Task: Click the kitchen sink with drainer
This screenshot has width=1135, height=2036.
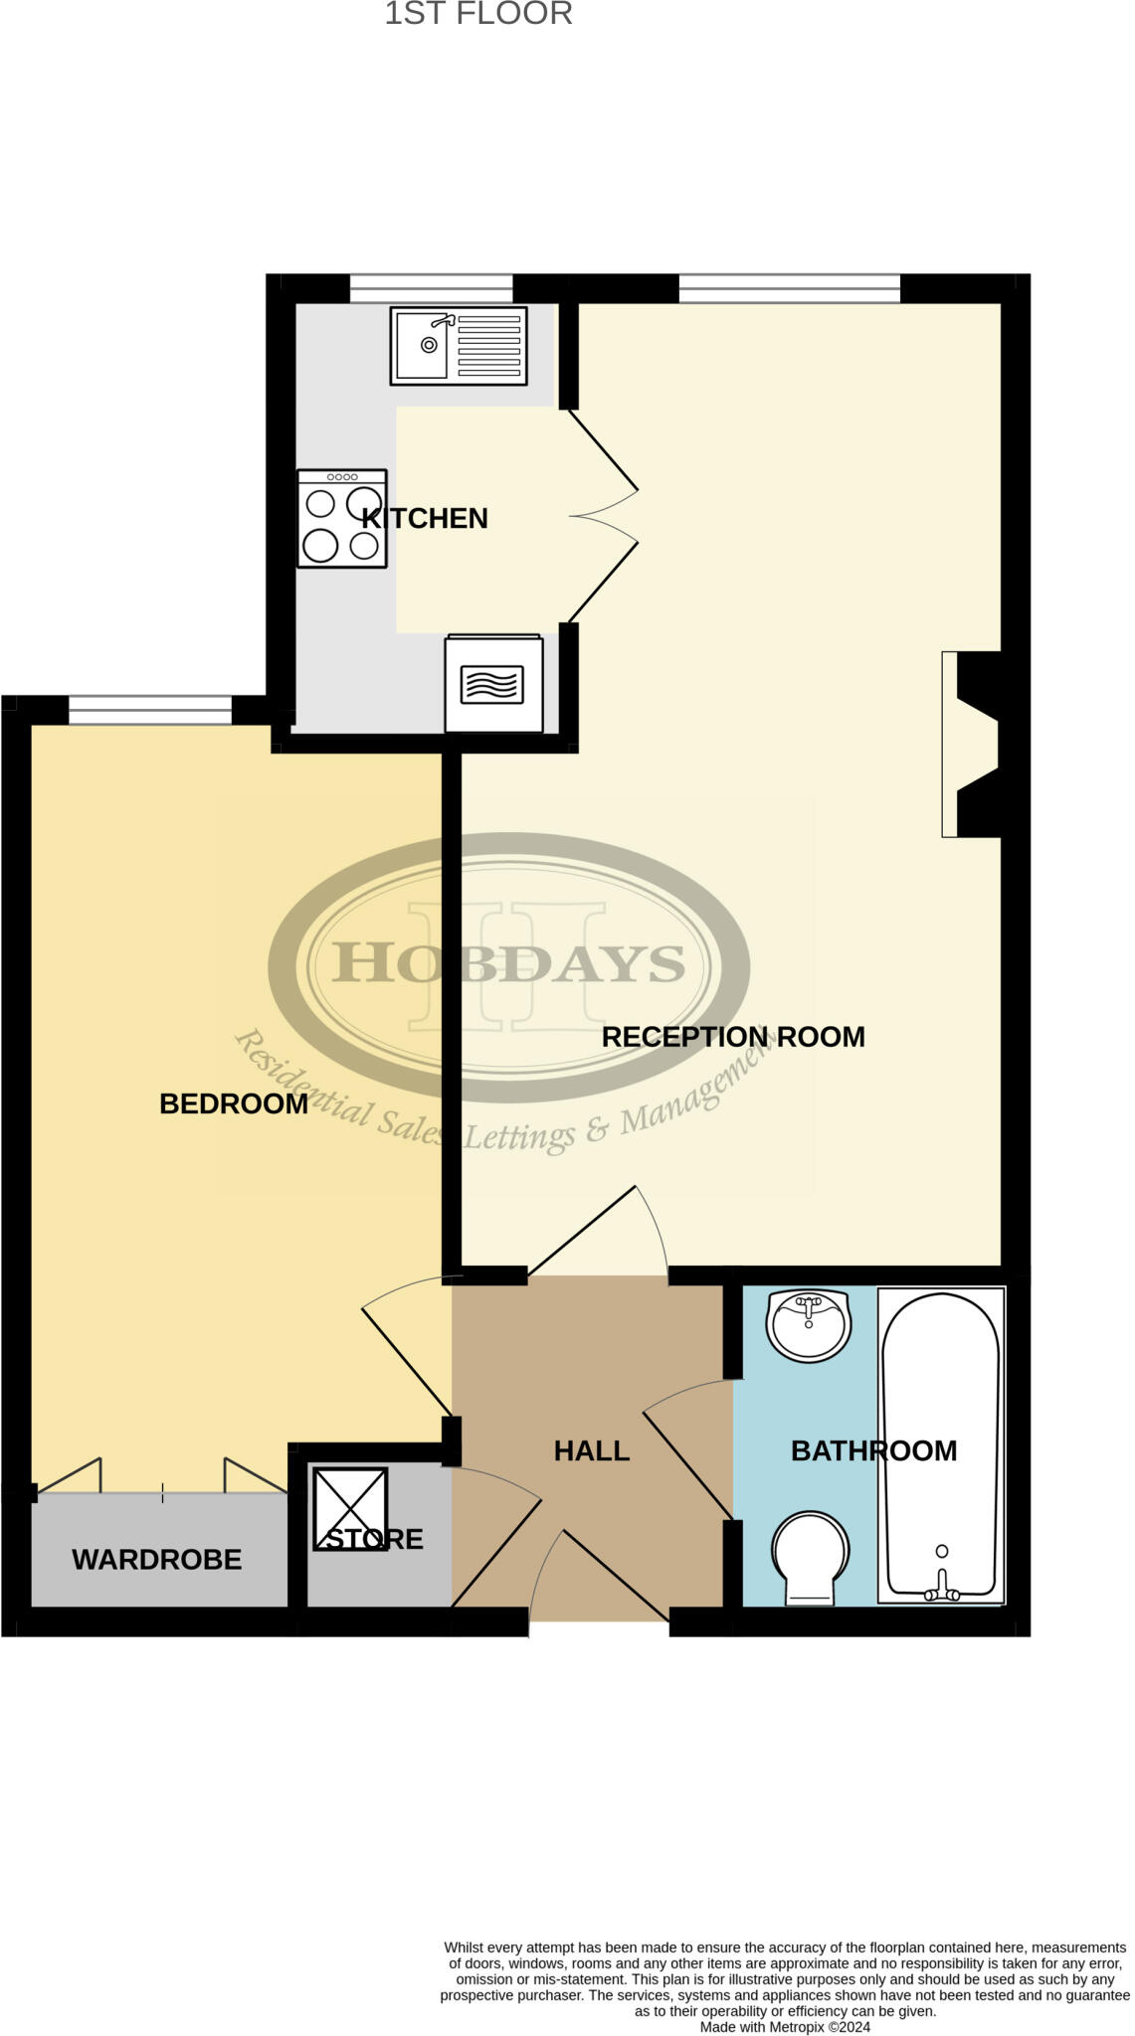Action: coord(459,346)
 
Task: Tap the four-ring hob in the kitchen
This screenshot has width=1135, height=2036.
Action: coord(342,518)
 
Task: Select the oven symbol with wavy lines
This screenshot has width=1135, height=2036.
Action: coord(494,684)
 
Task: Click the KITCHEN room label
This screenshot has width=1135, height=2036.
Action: coord(425,519)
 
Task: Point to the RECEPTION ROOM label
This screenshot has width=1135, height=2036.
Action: coord(733,1037)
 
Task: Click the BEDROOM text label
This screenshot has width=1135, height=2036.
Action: coord(234,1103)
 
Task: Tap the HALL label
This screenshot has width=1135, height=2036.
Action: coord(592,1451)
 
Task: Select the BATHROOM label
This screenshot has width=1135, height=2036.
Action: coord(873,1451)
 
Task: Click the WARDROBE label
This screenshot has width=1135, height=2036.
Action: coord(157,1560)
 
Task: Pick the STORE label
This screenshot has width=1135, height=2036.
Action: coord(375,1539)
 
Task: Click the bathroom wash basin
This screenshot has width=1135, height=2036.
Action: coord(809,1325)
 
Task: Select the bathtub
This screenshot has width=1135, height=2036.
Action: coord(941,1445)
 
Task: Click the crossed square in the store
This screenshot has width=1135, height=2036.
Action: coord(350,1508)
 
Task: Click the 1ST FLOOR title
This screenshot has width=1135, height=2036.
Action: coord(478,14)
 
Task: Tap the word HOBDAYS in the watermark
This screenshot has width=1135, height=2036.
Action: coord(508,963)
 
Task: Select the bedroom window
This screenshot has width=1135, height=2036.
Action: coord(150,710)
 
